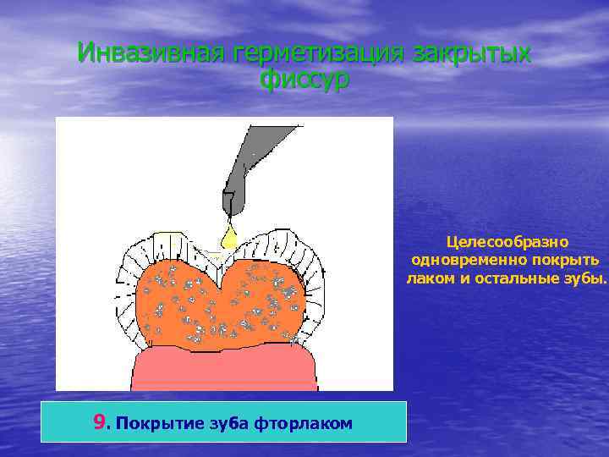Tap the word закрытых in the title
[x=472, y=53]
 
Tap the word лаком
[x=430, y=278]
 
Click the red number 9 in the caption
[x=101, y=421]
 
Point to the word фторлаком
[x=303, y=422]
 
